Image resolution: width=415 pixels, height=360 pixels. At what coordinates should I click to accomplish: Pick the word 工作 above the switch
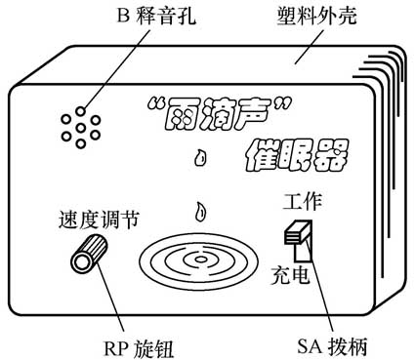[299, 204]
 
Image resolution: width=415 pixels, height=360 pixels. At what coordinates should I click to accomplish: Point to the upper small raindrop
[201, 155]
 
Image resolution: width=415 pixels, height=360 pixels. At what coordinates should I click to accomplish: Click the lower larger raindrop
[199, 210]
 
